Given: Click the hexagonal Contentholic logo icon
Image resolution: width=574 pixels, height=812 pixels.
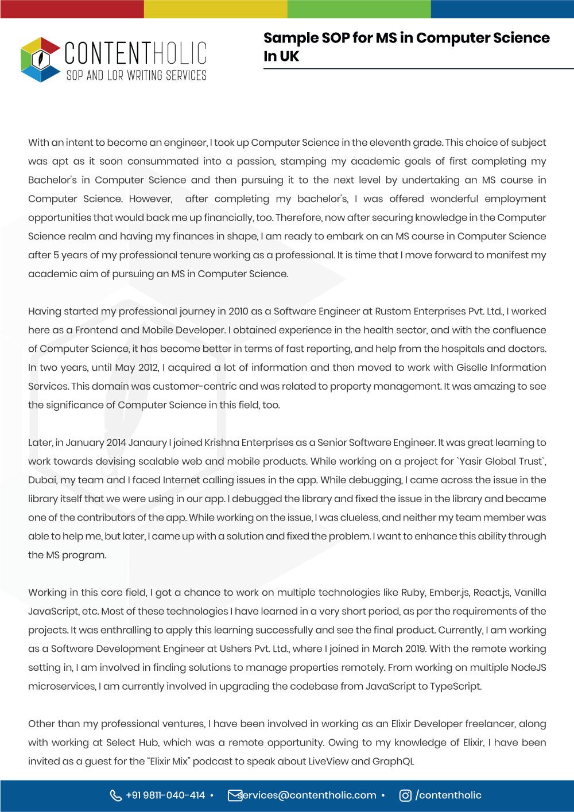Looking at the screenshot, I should tap(40, 59).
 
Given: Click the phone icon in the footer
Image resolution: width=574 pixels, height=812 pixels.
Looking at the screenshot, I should tap(115, 795).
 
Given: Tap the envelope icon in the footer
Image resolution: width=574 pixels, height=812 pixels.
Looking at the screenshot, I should tap(234, 795).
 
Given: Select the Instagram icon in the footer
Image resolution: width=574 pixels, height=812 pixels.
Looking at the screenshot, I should tap(405, 795).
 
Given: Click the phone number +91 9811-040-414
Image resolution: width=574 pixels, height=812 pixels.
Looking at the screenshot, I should tap(165, 795).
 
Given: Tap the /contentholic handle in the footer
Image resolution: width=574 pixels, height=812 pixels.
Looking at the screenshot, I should tap(448, 795).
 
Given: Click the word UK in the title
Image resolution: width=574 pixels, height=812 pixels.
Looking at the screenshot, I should tap(289, 56).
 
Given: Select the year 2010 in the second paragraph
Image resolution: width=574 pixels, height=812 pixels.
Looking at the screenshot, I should tap(238, 312).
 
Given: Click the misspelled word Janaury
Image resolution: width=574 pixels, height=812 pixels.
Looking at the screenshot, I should tap(148, 443).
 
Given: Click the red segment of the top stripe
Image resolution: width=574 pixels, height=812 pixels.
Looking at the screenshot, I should tap(72, 9).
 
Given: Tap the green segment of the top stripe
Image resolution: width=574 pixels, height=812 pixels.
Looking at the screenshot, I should tap(359, 9).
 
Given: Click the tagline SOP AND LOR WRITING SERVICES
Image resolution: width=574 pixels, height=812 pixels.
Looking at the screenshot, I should tap(136, 76).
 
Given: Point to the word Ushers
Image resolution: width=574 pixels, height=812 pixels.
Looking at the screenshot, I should tap(237, 649).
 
